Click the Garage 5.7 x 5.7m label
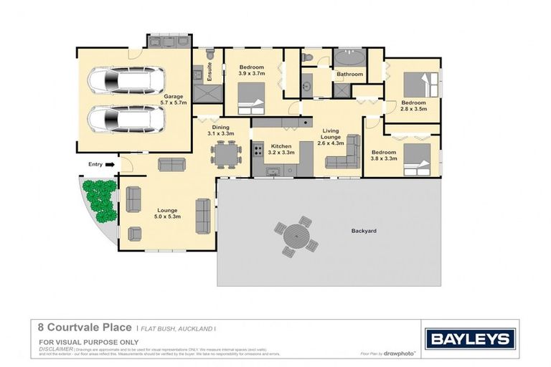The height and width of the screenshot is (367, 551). (x=174, y=100)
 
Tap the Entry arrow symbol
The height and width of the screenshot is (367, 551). (x=110, y=164)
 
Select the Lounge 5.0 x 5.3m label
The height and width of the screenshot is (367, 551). (x=167, y=214)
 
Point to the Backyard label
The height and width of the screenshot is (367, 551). (x=364, y=231)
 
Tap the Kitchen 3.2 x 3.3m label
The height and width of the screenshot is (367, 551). (x=280, y=149)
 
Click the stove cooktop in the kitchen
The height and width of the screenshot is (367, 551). (x=258, y=151)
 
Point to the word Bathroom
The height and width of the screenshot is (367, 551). (x=350, y=74)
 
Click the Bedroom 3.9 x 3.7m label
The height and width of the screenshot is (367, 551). (x=252, y=70)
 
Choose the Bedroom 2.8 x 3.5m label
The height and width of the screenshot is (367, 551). (x=413, y=106)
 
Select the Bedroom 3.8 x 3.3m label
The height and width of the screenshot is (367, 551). (x=384, y=156)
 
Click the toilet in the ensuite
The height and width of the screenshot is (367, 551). (x=210, y=54)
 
